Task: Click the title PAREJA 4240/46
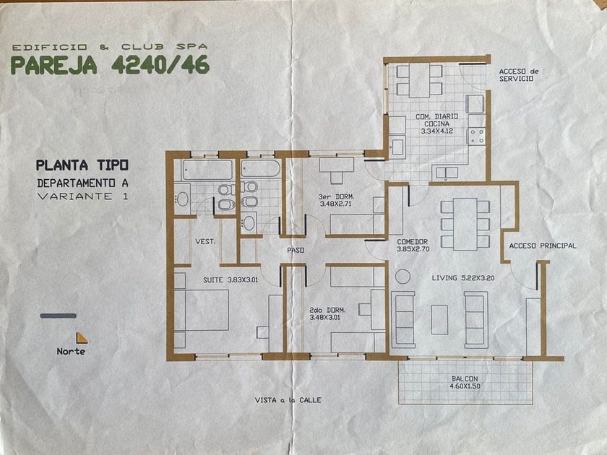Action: coord(111,64)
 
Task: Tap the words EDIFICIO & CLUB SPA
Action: coord(110,47)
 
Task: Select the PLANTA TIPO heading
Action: coord(82,165)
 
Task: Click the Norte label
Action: coord(71,351)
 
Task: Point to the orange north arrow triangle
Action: coord(81,338)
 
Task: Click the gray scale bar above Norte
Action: coord(58,316)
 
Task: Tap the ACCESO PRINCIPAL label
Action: coord(543,246)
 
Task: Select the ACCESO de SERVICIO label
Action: coord(519,75)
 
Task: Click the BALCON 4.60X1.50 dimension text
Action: coord(465,382)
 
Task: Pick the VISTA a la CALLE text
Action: coord(288,400)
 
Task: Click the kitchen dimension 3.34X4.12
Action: coord(437,131)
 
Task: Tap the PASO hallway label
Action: coord(296,251)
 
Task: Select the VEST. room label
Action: coord(205,241)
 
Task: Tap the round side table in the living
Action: coord(402,276)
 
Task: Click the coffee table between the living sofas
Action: coord(439,319)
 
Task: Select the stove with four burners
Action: coord(476,136)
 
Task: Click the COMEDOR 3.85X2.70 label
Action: coord(413,246)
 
